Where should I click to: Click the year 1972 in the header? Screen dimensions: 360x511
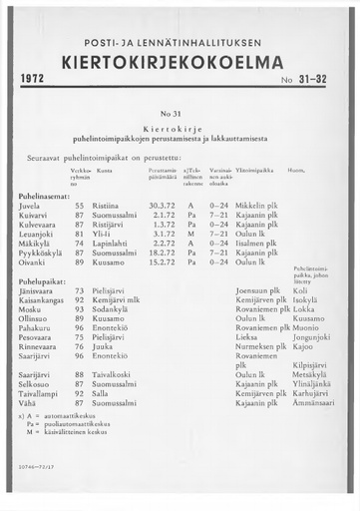(x=36, y=78)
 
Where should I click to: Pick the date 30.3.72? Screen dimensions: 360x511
(x=162, y=205)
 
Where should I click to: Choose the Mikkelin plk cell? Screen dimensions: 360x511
(x=263, y=205)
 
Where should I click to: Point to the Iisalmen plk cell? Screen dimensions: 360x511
(x=261, y=243)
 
